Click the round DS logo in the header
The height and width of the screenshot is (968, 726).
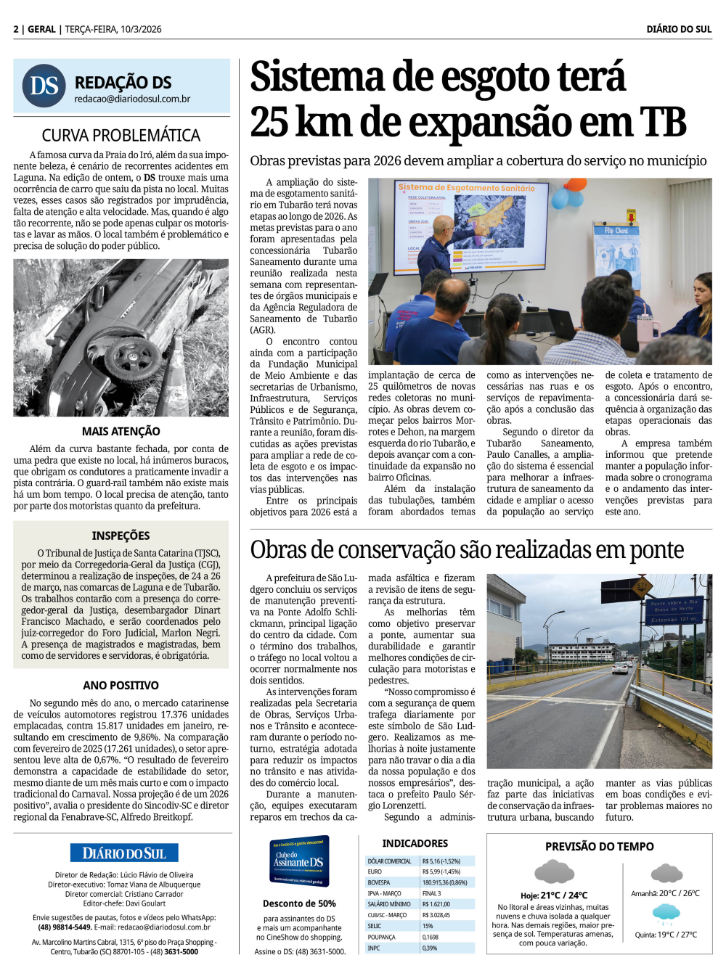(x=44, y=86)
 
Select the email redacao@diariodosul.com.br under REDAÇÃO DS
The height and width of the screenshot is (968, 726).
(x=132, y=99)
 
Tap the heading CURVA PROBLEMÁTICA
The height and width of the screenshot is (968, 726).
(x=121, y=136)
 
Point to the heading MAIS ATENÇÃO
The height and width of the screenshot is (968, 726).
(x=121, y=431)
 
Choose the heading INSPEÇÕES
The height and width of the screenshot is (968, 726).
(x=121, y=536)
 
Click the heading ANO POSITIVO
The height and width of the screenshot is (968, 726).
(x=121, y=685)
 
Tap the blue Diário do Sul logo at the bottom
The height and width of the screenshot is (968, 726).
(x=124, y=853)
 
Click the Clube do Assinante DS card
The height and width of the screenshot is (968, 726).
(x=300, y=861)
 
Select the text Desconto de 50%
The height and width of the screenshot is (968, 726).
(x=299, y=903)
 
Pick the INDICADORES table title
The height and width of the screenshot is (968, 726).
(x=415, y=843)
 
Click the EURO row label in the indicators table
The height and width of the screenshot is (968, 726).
(x=375, y=871)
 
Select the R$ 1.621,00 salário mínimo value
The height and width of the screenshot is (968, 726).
(x=436, y=904)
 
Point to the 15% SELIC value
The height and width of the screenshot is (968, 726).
(x=428, y=926)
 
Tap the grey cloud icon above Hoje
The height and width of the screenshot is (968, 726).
(x=554, y=871)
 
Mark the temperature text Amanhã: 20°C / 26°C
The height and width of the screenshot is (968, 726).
(x=665, y=893)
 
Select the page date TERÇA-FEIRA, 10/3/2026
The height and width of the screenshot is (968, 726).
(x=113, y=29)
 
